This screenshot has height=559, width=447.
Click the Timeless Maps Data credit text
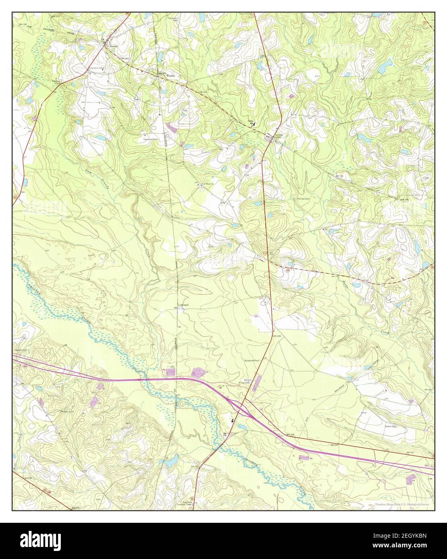pos(401,504)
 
